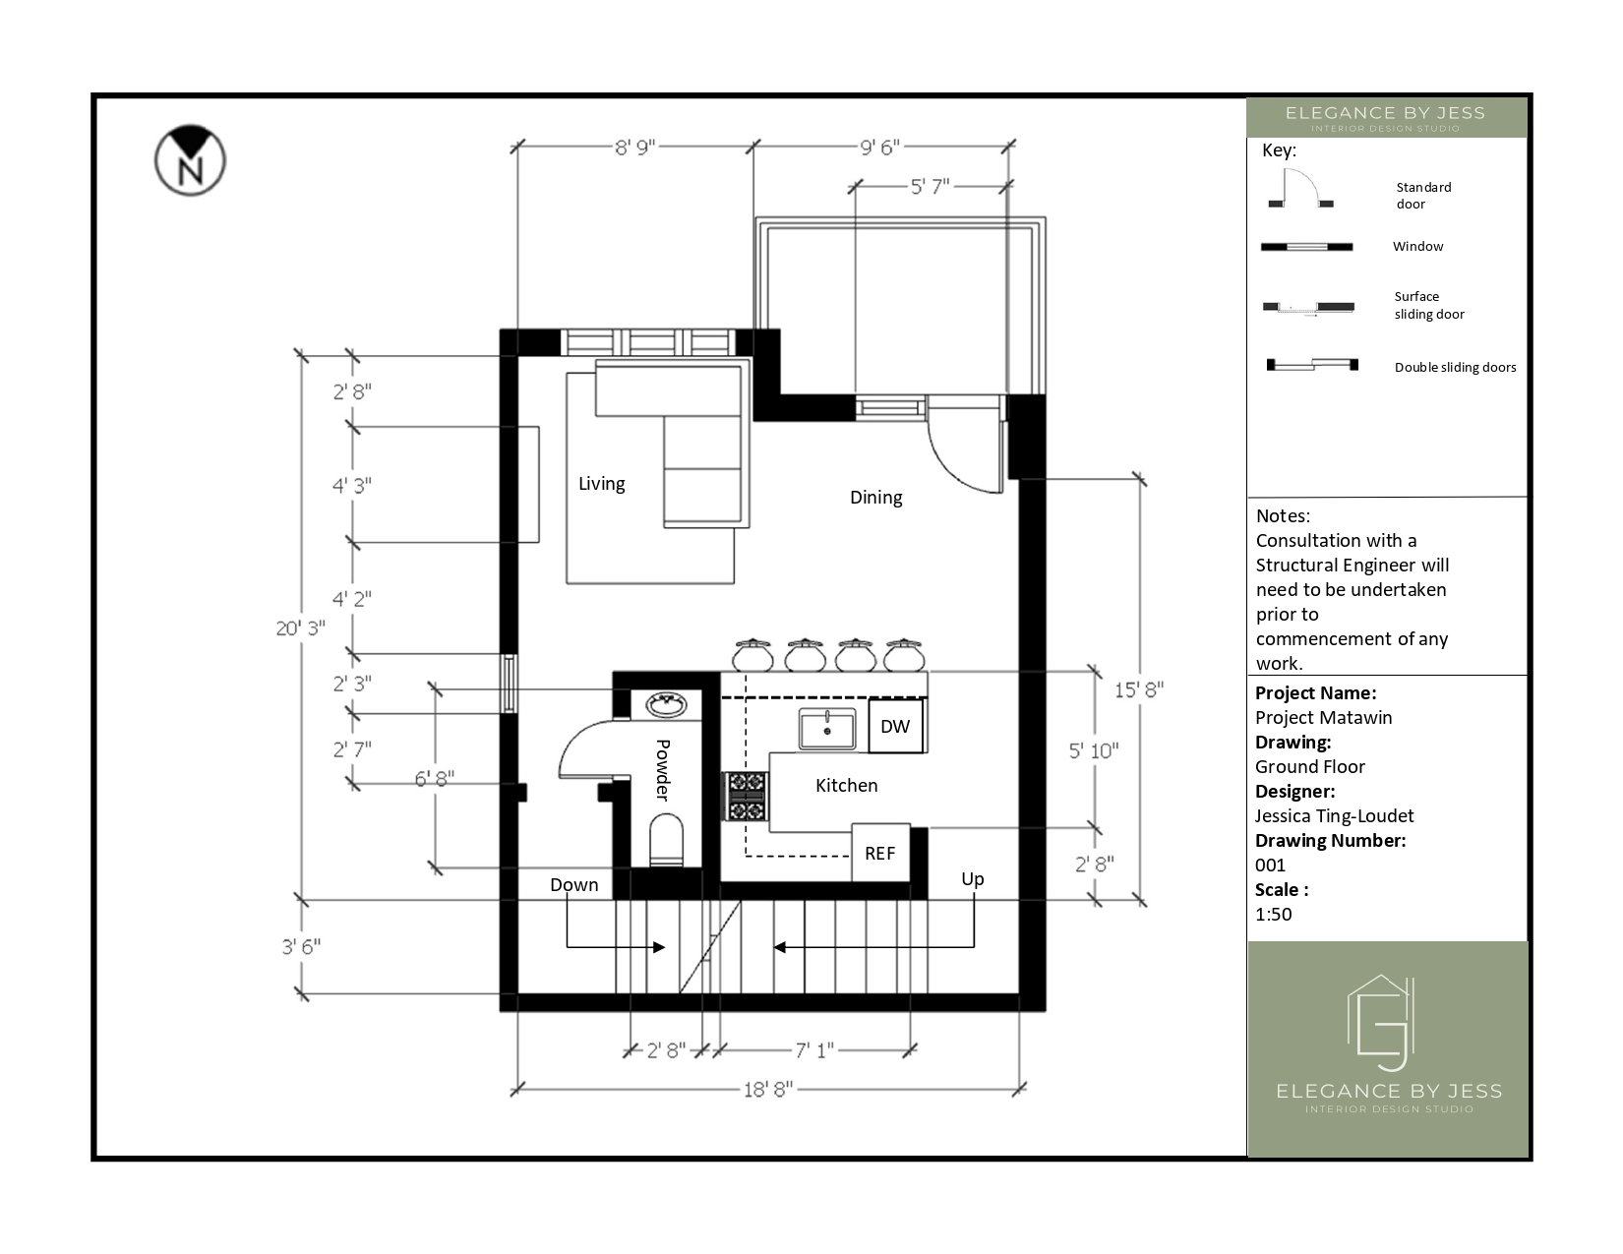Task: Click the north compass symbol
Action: [190, 160]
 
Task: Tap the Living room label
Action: [601, 484]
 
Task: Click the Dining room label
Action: [875, 498]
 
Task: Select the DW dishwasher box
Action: [895, 726]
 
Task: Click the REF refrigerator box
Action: [880, 853]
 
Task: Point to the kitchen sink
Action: [827, 729]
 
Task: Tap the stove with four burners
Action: [747, 797]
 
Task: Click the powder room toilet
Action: [666, 840]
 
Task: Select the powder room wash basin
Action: [666, 704]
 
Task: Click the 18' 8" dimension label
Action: [768, 1090]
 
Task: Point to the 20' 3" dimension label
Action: [300, 628]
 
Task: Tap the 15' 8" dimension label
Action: [1139, 690]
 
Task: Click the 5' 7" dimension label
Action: [930, 186]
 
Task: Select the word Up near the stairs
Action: [973, 879]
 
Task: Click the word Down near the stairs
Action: [573, 885]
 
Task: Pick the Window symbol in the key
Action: [1306, 247]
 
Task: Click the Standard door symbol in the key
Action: [1300, 189]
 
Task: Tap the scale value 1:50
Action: [1273, 914]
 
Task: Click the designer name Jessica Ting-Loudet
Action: [1334, 816]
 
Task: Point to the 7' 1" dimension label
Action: [814, 1050]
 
